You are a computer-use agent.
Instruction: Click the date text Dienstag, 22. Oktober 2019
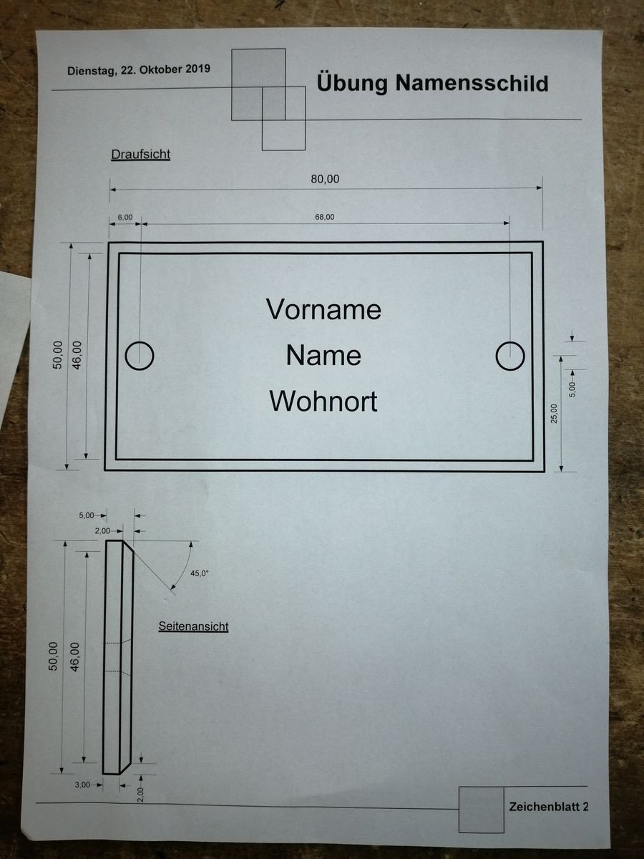pos(139,70)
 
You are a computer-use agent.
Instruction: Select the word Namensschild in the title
pos(472,83)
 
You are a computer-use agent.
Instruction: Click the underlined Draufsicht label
pos(141,155)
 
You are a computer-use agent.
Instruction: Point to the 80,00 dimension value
pos(325,179)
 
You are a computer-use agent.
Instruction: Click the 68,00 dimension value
pos(325,217)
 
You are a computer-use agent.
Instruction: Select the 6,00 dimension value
pos(125,217)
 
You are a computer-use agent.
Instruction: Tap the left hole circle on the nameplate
pos(140,356)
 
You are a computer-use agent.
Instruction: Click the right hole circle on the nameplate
pos(510,356)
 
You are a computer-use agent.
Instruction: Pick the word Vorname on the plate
pos(323,309)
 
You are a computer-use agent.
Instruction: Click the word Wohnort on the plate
pos(323,402)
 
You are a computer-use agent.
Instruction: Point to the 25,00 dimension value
pos(554,414)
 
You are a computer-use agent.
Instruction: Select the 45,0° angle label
pos(200,573)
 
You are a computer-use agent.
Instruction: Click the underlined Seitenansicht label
pos(193,626)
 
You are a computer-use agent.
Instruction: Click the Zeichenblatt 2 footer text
pos(549,807)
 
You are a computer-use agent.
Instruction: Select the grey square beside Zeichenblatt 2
pos(482,810)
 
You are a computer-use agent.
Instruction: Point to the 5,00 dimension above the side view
pos(87,515)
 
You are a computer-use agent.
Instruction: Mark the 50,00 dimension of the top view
pos(57,355)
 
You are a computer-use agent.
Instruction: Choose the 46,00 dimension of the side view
pos(74,657)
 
